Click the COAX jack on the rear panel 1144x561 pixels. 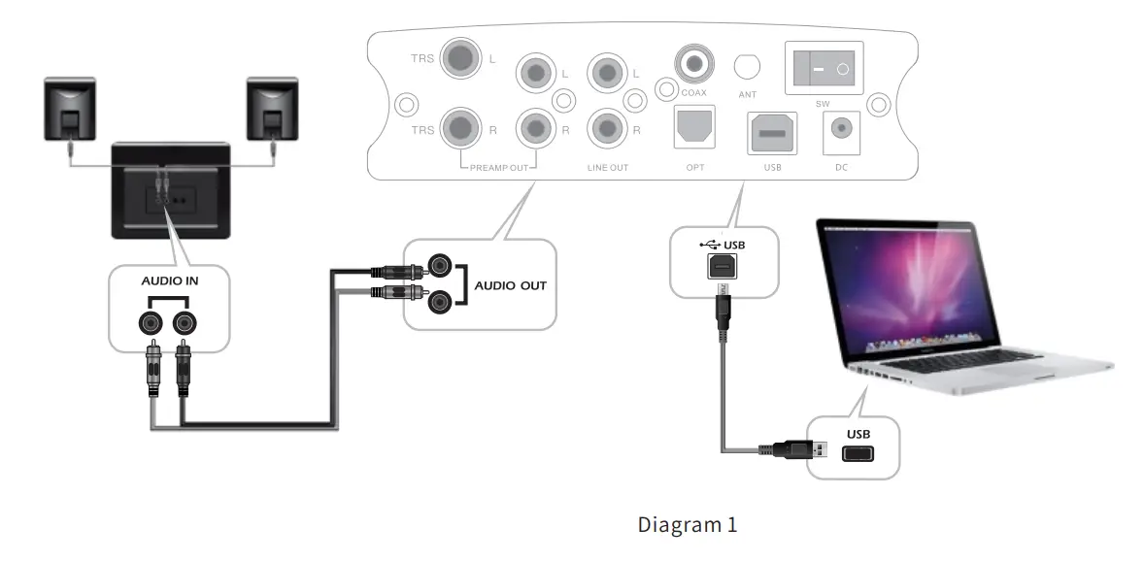tap(693, 65)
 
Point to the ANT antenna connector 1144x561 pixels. tap(747, 66)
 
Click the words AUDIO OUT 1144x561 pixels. tap(510, 285)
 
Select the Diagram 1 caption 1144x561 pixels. tap(688, 525)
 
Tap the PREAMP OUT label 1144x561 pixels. tap(498, 168)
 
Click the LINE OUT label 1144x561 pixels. tap(608, 168)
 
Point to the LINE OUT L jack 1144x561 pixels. tap(607, 72)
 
